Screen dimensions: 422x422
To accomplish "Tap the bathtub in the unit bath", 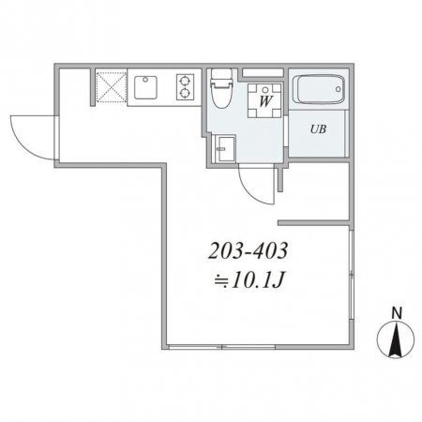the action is [319, 89].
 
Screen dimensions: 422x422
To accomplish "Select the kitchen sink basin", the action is [145, 87].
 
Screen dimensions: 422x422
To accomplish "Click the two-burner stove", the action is [185, 87].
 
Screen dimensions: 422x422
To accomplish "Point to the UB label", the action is [318, 129].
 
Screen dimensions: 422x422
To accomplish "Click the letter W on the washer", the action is [265, 101].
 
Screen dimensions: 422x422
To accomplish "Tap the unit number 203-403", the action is [248, 251].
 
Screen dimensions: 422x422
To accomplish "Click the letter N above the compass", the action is [397, 313].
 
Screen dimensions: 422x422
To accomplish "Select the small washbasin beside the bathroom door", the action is [223, 149].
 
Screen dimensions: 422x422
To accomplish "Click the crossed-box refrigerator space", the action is [111, 86].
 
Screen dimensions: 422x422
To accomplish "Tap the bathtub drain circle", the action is [338, 89].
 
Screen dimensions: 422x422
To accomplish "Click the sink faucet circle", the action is [144, 80].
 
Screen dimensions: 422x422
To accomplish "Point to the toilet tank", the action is [221, 74].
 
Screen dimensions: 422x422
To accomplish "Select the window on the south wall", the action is [221, 347].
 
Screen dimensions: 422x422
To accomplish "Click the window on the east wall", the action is [352, 275].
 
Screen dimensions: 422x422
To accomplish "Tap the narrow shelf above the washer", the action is [263, 72].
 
